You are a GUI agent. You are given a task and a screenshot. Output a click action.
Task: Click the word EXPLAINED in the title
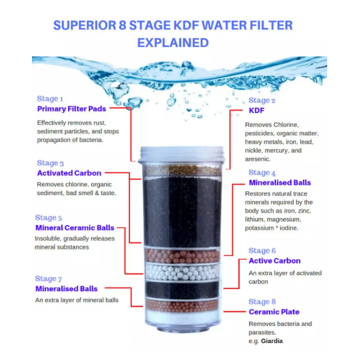coord(173,43)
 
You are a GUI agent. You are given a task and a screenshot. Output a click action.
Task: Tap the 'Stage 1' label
coord(50,99)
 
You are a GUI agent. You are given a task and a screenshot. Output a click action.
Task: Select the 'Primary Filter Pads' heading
coord(72,109)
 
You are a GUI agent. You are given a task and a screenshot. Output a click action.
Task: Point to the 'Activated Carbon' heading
coord(69,173)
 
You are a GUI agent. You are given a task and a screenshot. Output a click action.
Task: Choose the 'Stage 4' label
coord(262,173)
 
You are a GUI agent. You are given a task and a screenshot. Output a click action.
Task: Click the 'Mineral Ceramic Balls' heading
coord(75,228)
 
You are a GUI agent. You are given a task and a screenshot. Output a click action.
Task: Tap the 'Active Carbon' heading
coord(274,261)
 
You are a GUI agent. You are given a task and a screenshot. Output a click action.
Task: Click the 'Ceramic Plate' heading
coord(274,312)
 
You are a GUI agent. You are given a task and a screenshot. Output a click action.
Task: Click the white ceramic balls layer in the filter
coord(182,272)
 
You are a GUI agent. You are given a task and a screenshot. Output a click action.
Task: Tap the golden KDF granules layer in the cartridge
coord(182,170)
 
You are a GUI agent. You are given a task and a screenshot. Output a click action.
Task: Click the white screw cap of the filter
coord(182,154)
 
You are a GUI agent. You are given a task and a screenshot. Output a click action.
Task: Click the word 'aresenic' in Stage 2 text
coord(258,159)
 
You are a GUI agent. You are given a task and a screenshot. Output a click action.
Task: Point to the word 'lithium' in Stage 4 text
coord(255,220)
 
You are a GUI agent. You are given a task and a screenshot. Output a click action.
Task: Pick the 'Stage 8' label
coord(262,301)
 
